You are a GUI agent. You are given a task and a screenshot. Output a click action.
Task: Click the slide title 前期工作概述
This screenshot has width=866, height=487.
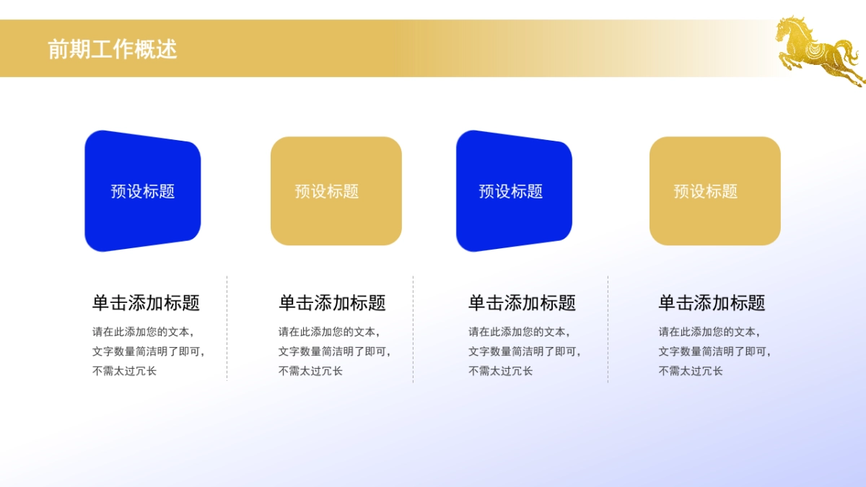coord(112,49)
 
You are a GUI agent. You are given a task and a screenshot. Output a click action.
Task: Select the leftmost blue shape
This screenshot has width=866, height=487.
coord(142,191)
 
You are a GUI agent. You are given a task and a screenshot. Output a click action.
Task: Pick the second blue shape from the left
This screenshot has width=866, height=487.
coord(513,191)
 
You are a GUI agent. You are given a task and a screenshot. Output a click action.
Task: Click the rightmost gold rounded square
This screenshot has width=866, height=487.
coord(714,191)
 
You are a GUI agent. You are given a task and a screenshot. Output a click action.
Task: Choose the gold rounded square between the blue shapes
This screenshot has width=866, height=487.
coord(336,191)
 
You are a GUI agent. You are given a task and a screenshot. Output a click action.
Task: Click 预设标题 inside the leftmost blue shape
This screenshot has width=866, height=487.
coord(143,191)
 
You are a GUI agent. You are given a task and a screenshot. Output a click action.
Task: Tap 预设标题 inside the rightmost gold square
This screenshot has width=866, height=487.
coord(705,191)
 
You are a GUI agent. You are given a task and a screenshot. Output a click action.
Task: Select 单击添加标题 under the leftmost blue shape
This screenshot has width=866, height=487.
coord(146,303)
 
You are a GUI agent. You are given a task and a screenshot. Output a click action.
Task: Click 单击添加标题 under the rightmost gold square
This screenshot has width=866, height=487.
coord(712,303)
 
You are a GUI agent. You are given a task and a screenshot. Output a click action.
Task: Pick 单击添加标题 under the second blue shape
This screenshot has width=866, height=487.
coord(522,303)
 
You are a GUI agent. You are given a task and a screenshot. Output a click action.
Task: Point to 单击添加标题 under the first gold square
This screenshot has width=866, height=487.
coord(332,303)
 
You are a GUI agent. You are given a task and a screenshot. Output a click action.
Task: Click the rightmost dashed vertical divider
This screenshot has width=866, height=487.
coord(608,328)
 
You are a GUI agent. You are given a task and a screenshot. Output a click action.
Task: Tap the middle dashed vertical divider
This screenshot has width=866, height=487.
coord(413,328)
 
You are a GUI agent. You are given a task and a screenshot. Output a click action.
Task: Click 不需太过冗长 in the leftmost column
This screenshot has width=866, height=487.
coord(124,371)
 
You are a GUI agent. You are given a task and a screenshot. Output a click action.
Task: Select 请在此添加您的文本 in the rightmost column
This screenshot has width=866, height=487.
coord(707,332)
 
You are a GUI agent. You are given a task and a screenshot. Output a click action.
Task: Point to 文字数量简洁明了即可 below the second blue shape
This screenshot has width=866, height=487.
coord(523,352)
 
